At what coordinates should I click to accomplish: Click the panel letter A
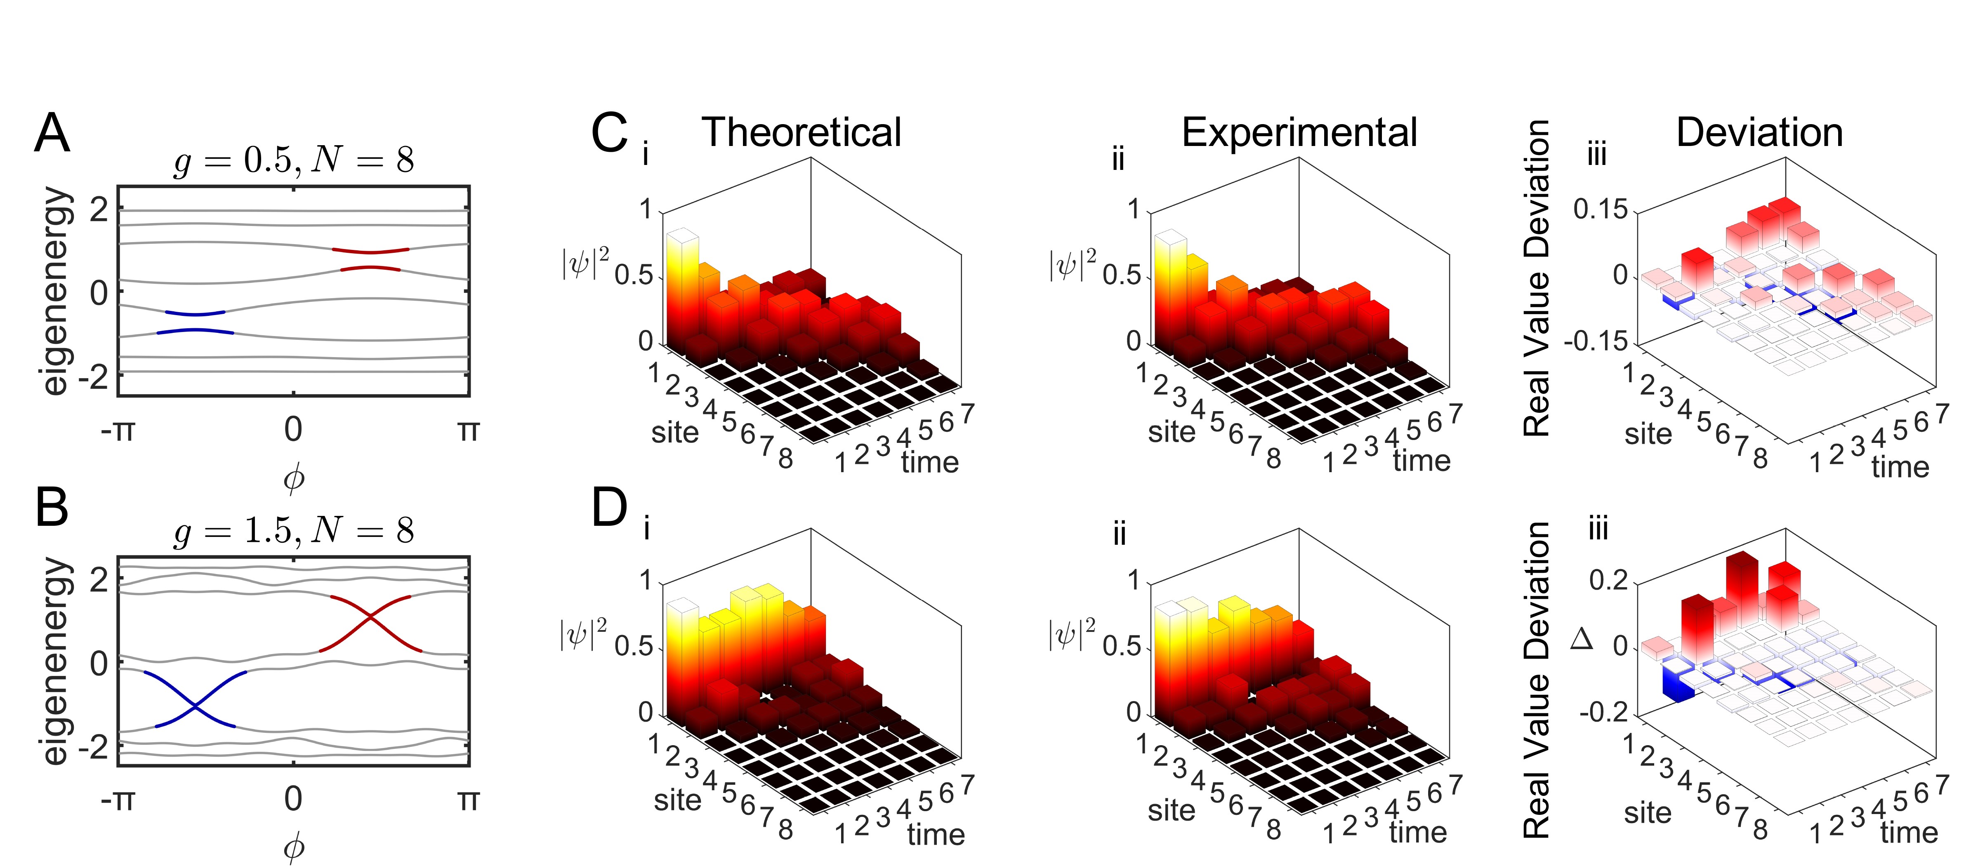[52, 134]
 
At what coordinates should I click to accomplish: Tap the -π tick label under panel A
[118, 430]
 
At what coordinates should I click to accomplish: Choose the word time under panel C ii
[1421, 461]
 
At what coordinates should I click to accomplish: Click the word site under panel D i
[677, 800]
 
